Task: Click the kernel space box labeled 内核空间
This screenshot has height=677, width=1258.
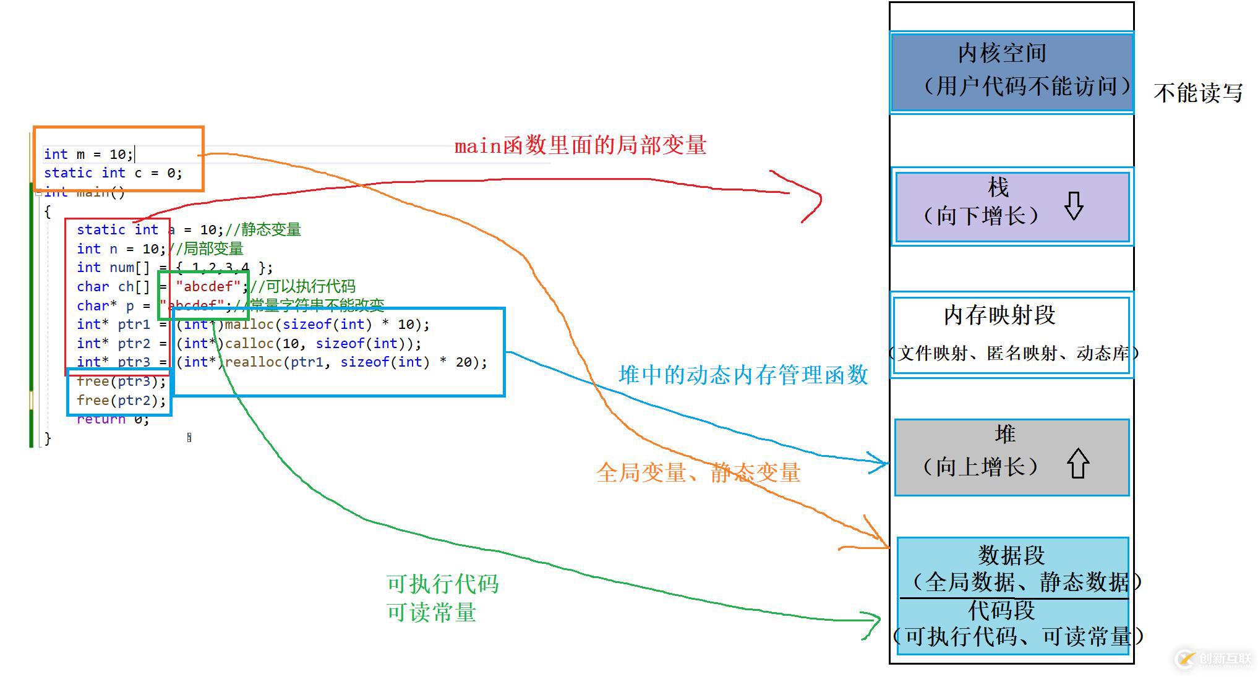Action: [x=1011, y=72]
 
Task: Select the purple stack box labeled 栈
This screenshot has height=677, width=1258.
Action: [x=1012, y=207]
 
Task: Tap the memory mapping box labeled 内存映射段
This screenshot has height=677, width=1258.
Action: [x=1011, y=334]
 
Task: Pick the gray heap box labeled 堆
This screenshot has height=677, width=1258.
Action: [x=1012, y=457]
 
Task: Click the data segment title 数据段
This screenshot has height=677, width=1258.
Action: [x=1011, y=555]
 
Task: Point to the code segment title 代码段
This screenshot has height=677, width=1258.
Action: [x=1001, y=611]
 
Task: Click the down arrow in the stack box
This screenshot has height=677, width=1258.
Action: [x=1074, y=206]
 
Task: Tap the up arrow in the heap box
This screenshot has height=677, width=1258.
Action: [x=1078, y=463]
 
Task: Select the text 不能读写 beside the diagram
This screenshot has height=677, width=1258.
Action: [x=1198, y=93]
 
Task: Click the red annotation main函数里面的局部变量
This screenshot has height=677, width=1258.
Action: [x=580, y=146]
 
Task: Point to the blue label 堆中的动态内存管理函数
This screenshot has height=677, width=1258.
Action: [x=743, y=375]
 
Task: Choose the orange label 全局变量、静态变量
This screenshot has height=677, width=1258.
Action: [x=698, y=473]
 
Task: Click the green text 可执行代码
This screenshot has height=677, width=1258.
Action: [x=442, y=584]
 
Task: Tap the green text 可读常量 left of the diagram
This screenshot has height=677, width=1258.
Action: [x=431, y=613]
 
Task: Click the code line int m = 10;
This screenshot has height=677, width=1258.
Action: [x=88, y=154]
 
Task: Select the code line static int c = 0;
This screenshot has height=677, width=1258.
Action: [x=113, y=173]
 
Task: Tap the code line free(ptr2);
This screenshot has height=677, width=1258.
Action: [x=121, y=401]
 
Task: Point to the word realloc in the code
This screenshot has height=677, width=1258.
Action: [x=253, y=362]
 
